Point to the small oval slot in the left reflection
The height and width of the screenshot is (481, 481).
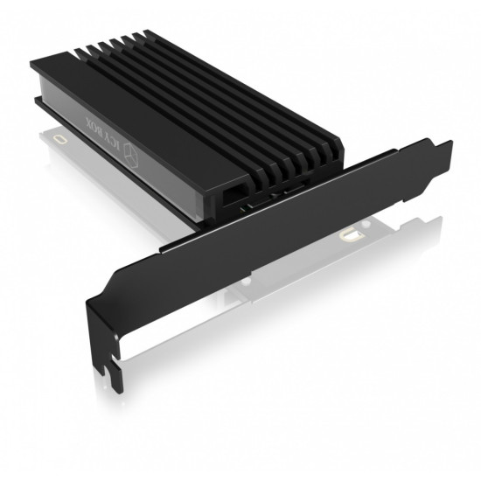pyautogui.click(x=59, y=138)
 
